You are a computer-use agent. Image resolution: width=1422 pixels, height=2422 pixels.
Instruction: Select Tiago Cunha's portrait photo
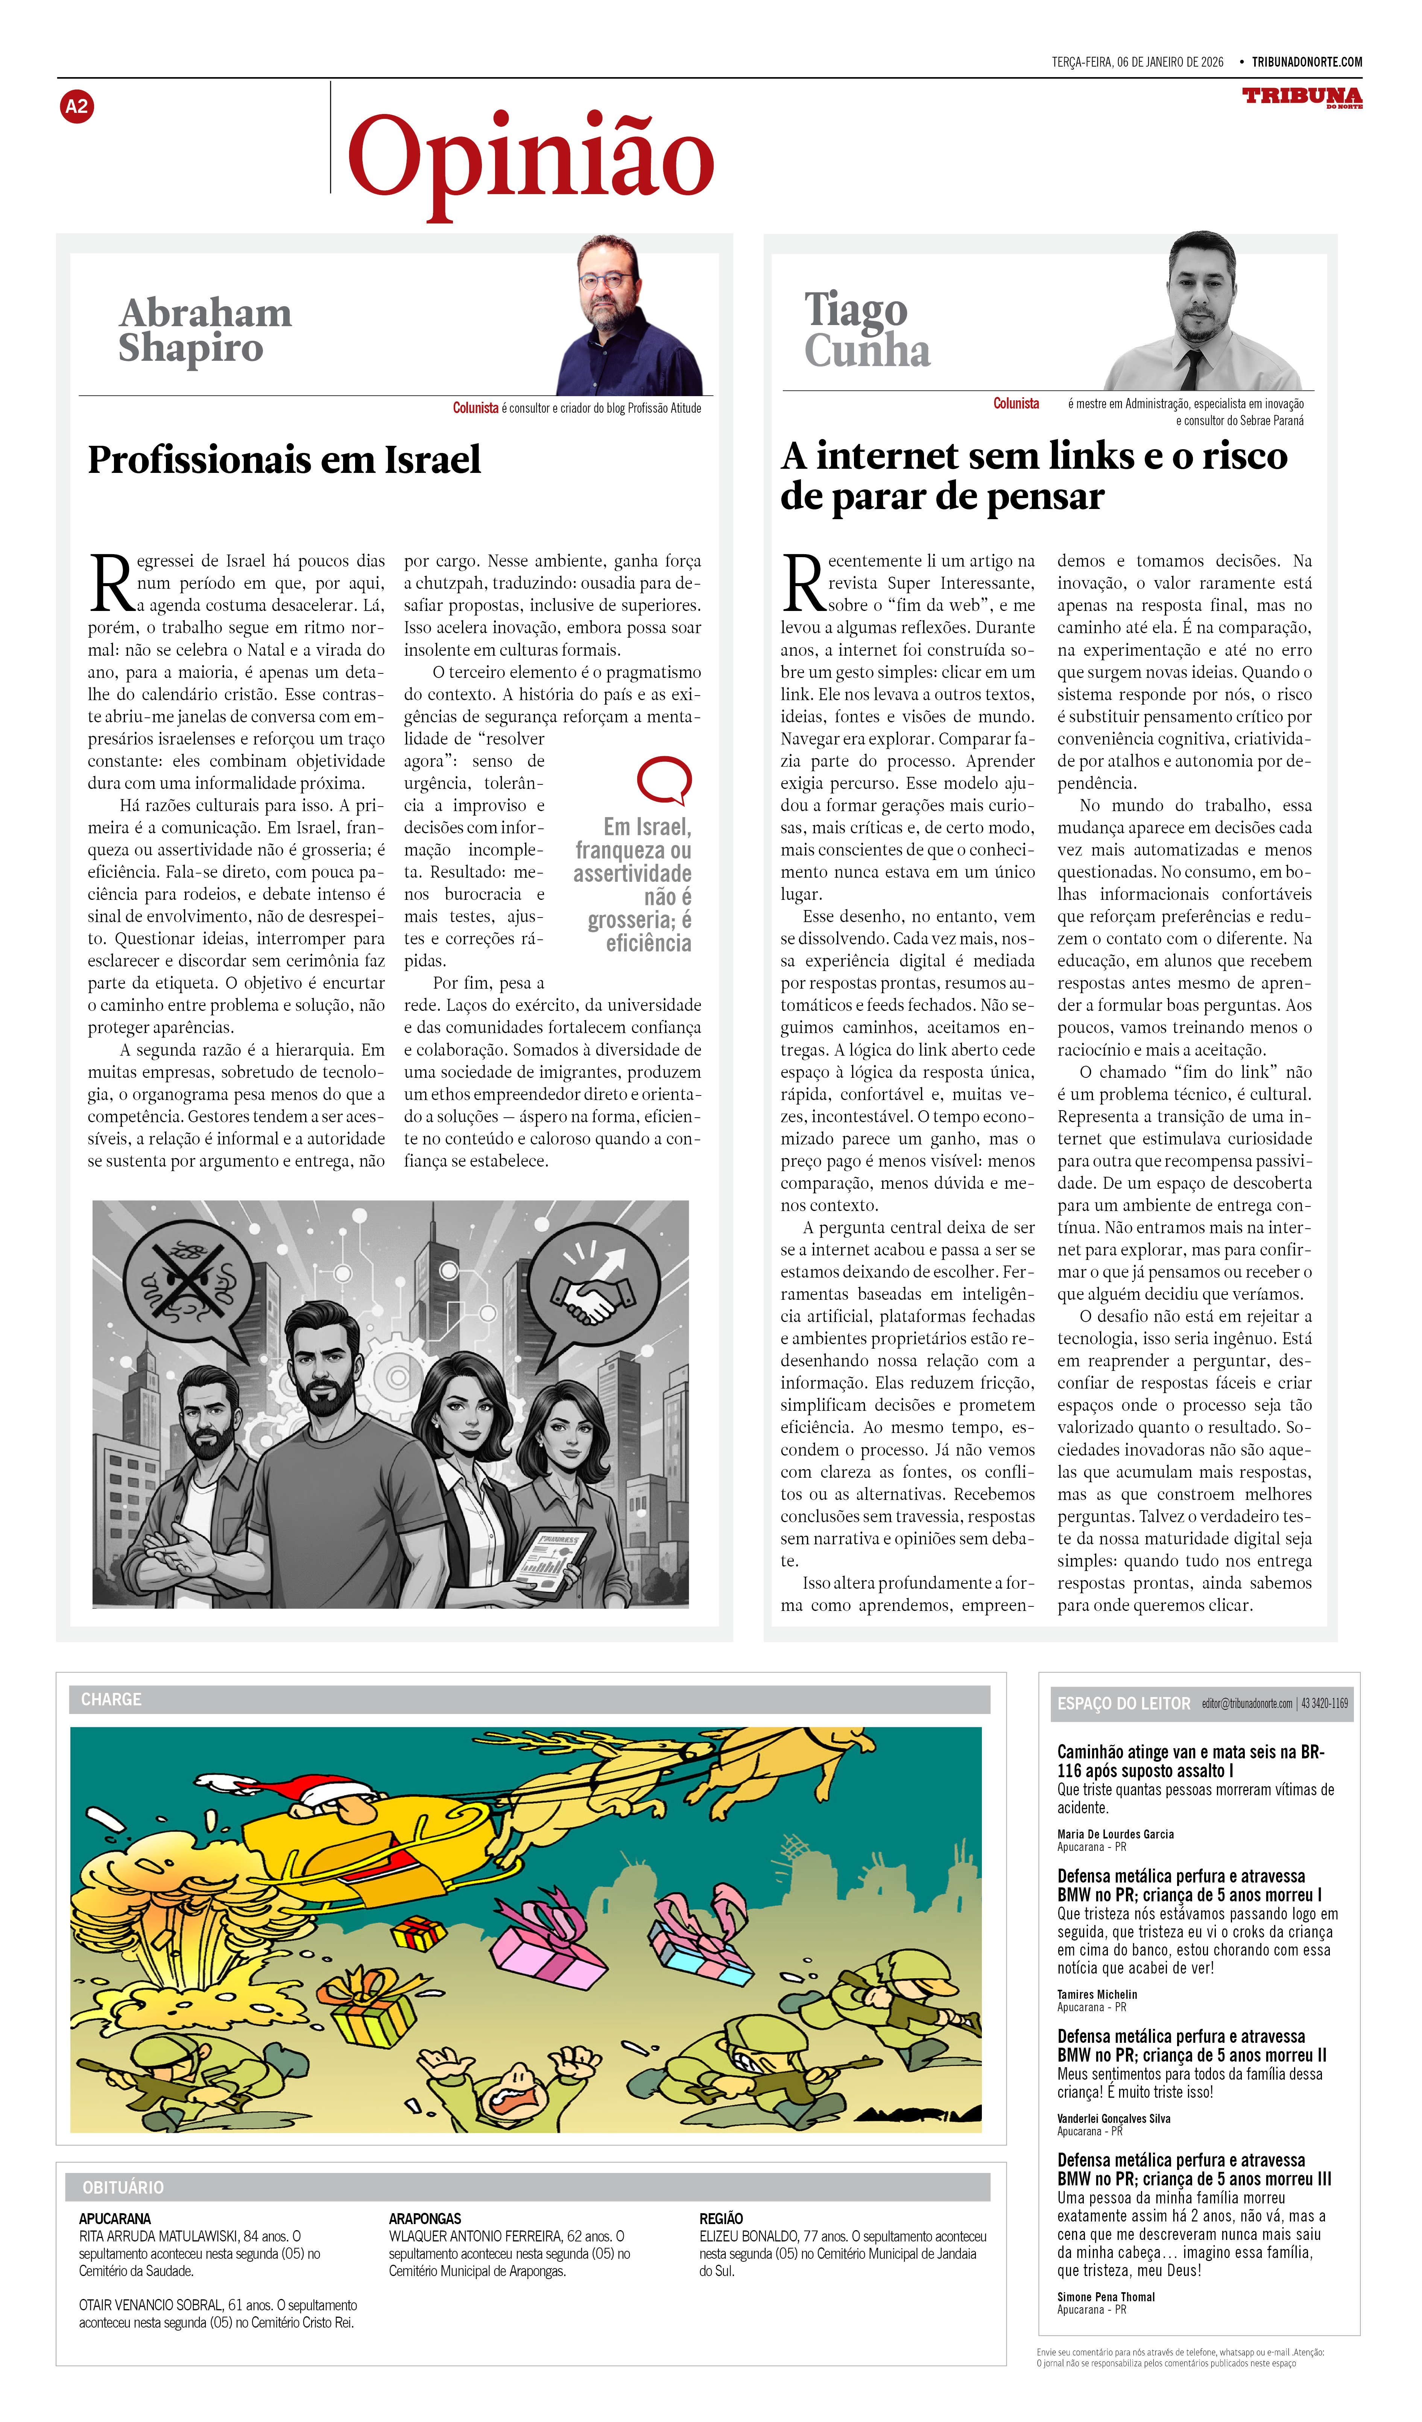(1206, 312)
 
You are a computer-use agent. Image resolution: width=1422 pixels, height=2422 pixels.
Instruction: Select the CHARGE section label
(111, 1699)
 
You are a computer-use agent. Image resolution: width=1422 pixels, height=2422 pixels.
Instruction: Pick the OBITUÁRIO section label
(123, 2188)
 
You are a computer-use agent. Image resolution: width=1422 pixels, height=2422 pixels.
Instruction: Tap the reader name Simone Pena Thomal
(1106, 2297)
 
